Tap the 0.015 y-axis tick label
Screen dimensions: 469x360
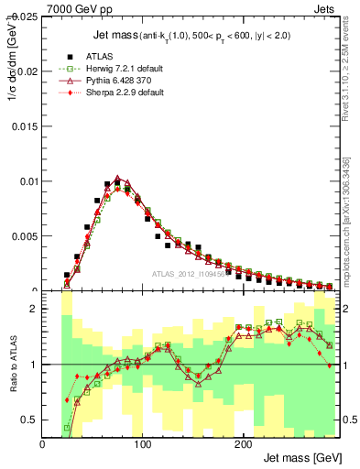click(25, 126)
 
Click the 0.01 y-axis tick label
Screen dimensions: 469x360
click(27, 181)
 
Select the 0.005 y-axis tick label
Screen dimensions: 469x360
click(25, 236)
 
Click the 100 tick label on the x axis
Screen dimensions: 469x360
click(142, 444)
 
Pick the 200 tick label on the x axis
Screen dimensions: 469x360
click(242, 444)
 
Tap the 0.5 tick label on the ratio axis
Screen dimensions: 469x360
click(29, 420)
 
